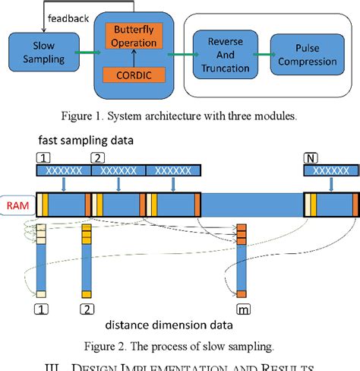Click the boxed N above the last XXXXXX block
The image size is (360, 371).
(311, 157)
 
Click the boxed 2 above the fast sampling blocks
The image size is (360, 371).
(97, 157)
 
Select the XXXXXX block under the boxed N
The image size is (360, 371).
(329, 173)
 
